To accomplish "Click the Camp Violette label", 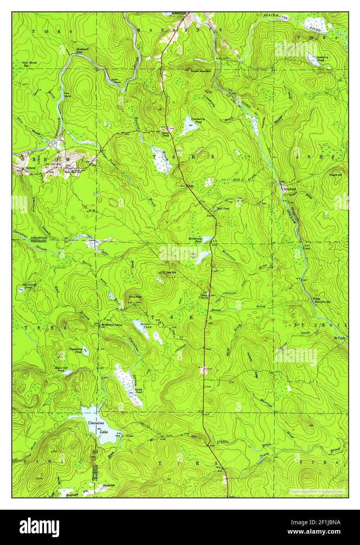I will pyautogui.click(x=206, y=296).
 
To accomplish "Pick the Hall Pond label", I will pyautogui.click(x=223, y=209).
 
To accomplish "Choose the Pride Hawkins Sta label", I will pyautogui.click(x=321, y=300).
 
